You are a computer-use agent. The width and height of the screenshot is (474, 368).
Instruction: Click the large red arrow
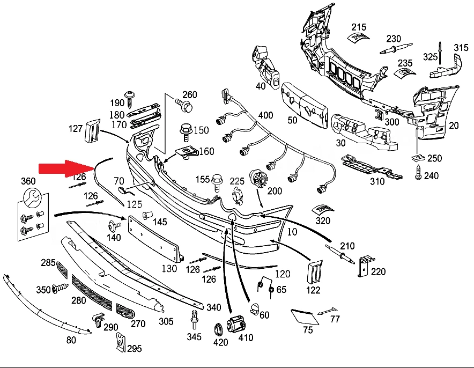67,168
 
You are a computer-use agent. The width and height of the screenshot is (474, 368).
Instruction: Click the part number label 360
28,181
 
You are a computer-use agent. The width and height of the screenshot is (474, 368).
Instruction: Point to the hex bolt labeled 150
186,132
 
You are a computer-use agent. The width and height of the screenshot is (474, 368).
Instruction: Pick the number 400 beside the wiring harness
266,115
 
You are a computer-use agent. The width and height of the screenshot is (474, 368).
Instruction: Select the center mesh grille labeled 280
92,292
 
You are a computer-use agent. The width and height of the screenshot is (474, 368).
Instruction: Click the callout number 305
166,321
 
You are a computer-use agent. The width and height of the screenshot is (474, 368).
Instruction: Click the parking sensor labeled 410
236,324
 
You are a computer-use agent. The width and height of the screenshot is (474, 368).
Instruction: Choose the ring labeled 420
218,329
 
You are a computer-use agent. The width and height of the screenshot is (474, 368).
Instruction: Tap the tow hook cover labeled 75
305,317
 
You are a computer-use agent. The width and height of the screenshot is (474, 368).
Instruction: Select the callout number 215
359,27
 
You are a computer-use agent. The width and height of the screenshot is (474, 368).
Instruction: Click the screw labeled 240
418,172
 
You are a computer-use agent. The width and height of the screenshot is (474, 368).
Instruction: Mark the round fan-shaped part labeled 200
257,179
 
